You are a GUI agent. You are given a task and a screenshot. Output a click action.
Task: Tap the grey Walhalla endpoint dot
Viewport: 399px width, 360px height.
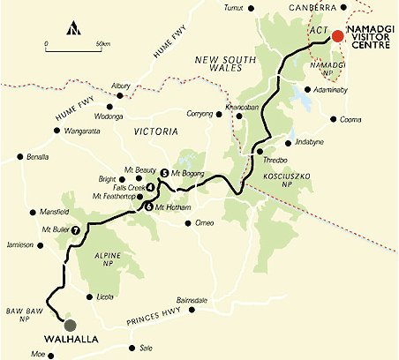tap(70, 325)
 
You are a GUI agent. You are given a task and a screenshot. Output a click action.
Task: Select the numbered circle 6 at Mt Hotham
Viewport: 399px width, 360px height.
tap(148, 206)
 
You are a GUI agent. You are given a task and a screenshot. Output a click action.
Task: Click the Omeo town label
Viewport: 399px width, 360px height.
tap(204, 223)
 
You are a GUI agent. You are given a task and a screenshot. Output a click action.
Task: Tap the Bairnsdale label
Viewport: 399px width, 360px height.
tap(192, 301)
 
